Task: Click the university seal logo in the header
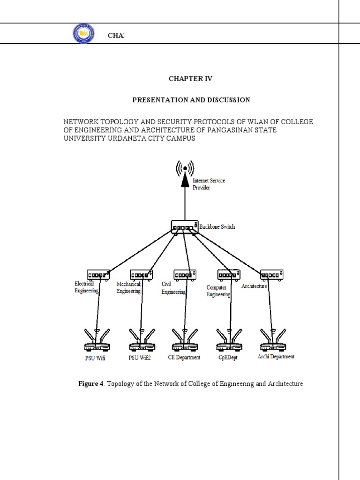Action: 83,35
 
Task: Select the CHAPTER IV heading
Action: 190,79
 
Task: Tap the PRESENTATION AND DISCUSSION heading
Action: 191,100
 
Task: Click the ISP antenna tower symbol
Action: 185,167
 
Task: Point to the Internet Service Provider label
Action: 209,184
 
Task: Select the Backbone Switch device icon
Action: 185,227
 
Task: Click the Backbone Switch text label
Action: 217,227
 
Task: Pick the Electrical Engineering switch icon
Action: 98,274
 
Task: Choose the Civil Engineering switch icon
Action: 185,274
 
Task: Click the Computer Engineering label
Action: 218,291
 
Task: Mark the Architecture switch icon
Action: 271,274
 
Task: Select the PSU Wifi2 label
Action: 140,358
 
